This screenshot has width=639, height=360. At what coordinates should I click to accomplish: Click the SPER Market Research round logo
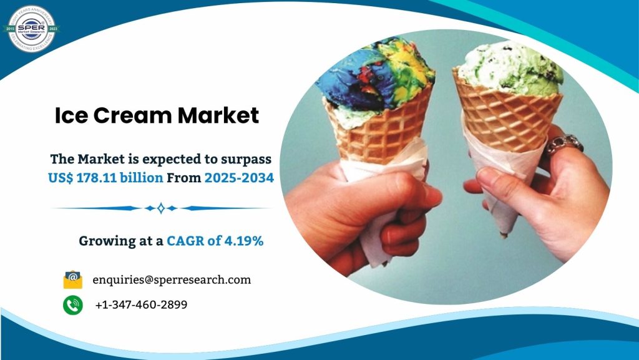[x=31, y=27]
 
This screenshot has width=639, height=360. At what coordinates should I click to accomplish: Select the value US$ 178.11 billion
[x=105, y=178]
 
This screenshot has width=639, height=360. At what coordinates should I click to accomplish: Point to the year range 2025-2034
[x=238, y=178]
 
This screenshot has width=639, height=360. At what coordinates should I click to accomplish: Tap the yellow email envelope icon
[x=73, y=280]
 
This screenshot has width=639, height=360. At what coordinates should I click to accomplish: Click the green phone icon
[x=73, y=305]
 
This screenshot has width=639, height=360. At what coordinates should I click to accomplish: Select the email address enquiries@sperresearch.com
[x=172, y=280]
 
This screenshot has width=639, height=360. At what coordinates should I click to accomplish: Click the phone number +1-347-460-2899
[x=141, y=305]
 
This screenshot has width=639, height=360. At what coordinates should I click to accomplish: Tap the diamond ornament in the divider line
[x=161, y=208]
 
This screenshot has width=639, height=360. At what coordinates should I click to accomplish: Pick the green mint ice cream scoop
[x=510, y=69]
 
